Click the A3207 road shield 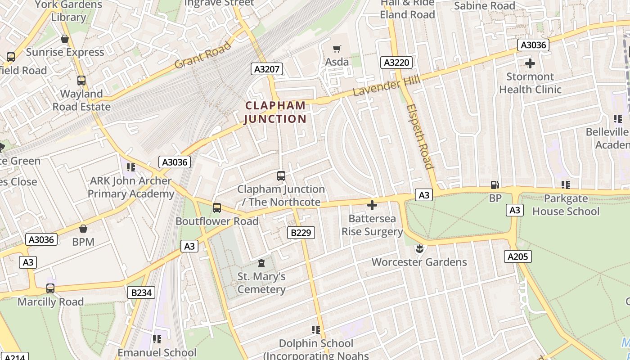267,69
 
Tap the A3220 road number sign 396,63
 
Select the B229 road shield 301,233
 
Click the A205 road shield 517,256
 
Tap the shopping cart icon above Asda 337,49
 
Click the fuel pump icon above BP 495,185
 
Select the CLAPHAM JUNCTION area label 275,112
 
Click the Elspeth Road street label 419,136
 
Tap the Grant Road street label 202,55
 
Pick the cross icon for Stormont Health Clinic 530,63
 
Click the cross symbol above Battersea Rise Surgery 372,205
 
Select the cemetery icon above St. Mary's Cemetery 261,263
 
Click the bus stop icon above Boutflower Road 217,208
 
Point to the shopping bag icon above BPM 83,229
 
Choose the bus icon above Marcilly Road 50,288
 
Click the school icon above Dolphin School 316,330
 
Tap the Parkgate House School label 566,205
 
